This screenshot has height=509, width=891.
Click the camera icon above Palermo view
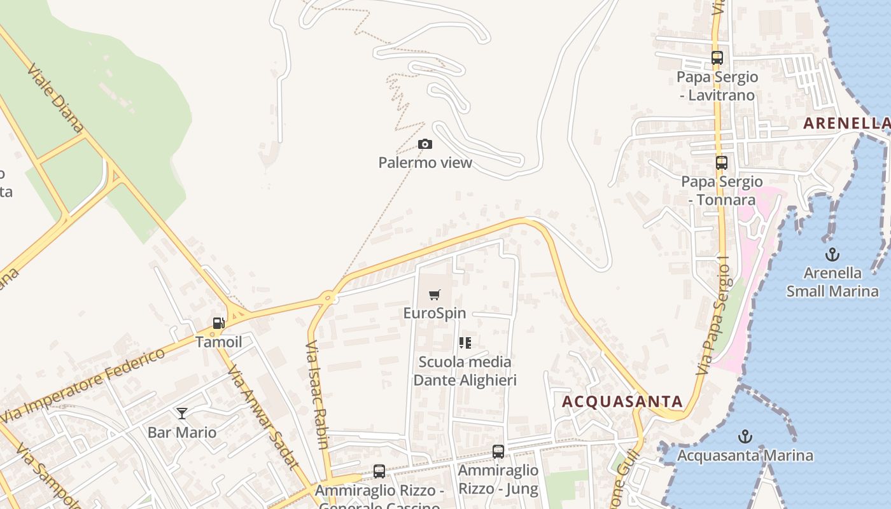pyautogui.click(x=425, y=144)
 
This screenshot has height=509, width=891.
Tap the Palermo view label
pyautogui.click(x=425, y=163)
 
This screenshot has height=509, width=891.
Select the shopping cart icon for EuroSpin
pyautogui.click(x=435, y=295)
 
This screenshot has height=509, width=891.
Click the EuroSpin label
pyautogui.click(x=435, y=313)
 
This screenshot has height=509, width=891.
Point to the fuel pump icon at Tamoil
pyautogui.click(x=218, y=323)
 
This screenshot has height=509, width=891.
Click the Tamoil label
pyautogui.click(x=218, y=342)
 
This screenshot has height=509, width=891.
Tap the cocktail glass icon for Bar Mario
pyautogui.click(x=182, y=414)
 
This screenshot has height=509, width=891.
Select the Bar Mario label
pyautogui.click(x=182, y=433)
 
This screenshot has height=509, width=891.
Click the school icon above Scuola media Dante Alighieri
pyautogui.click(x=465, y=343)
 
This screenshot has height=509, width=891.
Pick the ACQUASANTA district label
pyautogui.click(x=622, y=401)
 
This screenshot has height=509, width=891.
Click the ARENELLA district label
pyautogui.click(x=846, y=123)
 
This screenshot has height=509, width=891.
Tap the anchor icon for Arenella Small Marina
pyautogui.click(x=832, y=255)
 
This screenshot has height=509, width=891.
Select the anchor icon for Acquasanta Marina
pyautogui.click(x=745, y=437)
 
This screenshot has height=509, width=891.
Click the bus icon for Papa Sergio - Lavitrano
pyautogui.click(x=717, y=58)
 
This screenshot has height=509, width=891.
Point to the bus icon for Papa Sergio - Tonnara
pyautogui.click(x=721, y=163)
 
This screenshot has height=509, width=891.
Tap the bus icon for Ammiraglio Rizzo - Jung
pyautogui.click(x=498, y=452)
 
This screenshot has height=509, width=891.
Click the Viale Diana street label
pyautogui.click(x=55, y=97)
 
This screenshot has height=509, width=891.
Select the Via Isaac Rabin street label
pyautogui.click(x=317, y=394)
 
